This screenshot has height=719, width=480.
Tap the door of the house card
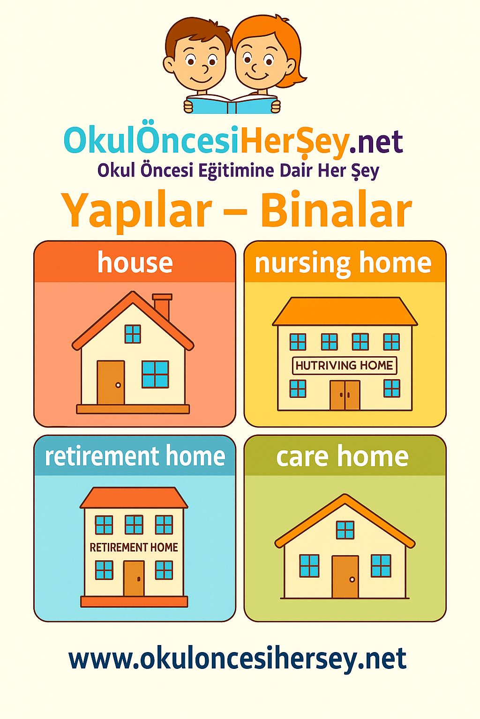(x=111, y=382)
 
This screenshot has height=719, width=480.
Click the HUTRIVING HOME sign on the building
(x=345, y=365)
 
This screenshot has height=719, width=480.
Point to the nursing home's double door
(x=345, y=395)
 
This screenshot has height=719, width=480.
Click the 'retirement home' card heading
(x=135, y=456)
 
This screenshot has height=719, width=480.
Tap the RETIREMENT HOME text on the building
(x=134, y=547)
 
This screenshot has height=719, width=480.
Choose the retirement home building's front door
(x=134, y=579)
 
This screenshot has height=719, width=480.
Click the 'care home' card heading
(x=342, y=456)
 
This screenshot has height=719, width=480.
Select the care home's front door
(x=345, y=577)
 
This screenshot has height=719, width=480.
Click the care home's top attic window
(x=345, y=529)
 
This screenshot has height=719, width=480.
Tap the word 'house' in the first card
(x=135, y=262)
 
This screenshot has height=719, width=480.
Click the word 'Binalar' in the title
(x=336, y=211)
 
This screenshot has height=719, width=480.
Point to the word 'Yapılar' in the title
(x=138, y=213)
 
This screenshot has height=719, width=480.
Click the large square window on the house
(x=155, y=374)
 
